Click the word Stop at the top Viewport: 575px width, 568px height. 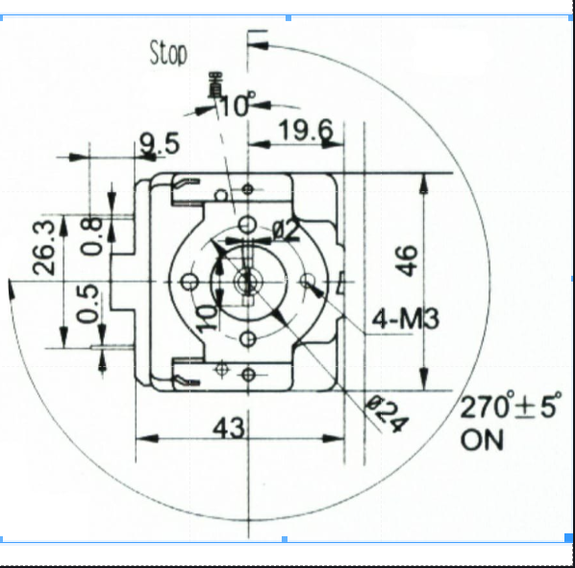pyautogui.click(x=168, y=53)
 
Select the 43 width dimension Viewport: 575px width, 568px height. pyautogui.click(x=229, y=427)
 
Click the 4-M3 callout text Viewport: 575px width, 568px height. pyautogui.click(x=405, y=318)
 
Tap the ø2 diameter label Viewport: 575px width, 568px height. pyautogui.click(x=287, y=230)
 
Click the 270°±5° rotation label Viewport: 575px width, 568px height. pyautogui.click(x=509, y=407)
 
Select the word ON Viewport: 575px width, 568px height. pyautogui.click(x=482, y=440)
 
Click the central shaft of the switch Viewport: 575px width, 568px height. pyautogui.click(x=248, y=281)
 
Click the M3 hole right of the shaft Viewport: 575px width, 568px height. pyautogui.click(x=309, y=282)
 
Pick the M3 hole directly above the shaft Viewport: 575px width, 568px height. pyautogui.click(x=248, y=224)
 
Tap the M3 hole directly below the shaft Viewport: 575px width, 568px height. pyautogui.click(x=248, y=338)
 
